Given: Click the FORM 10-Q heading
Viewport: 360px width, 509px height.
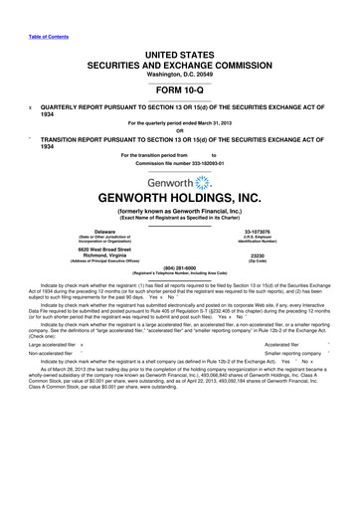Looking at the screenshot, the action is point(179,90).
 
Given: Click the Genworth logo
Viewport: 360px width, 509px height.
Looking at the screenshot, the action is point(179,185).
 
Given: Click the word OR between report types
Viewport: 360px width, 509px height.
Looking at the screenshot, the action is point(179,131).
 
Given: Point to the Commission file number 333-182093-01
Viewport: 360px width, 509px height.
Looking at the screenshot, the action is point(179,163).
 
